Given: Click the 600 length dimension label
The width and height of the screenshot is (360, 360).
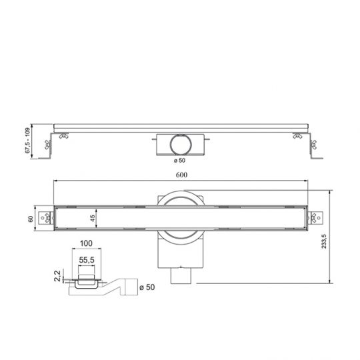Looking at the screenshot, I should tap(180, 175).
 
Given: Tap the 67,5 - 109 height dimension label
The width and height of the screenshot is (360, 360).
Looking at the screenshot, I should tap(28, 142).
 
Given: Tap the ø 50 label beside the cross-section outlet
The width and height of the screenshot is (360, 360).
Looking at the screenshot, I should tap(148, 287).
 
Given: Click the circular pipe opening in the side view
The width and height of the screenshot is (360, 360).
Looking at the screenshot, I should tap(179, 143).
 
